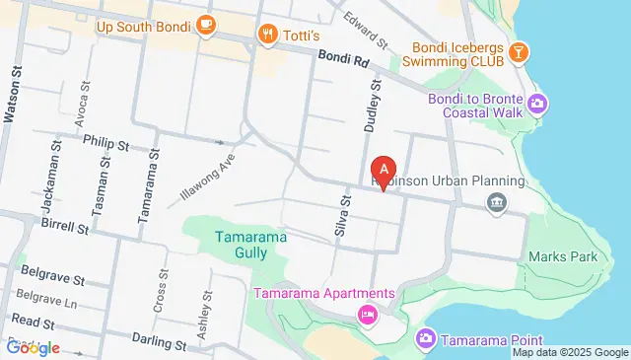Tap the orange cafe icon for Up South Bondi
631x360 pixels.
coord(206,27)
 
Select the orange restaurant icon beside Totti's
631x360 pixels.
coord(267,36)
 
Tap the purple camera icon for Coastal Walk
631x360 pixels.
coord(537,103)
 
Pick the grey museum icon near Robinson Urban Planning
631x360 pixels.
coord(496,203)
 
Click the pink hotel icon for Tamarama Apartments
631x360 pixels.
coord(367,315)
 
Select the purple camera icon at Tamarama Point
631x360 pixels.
coord(426,339)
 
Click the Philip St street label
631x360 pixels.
coord(106,144)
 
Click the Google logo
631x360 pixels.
coord(33,347)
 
